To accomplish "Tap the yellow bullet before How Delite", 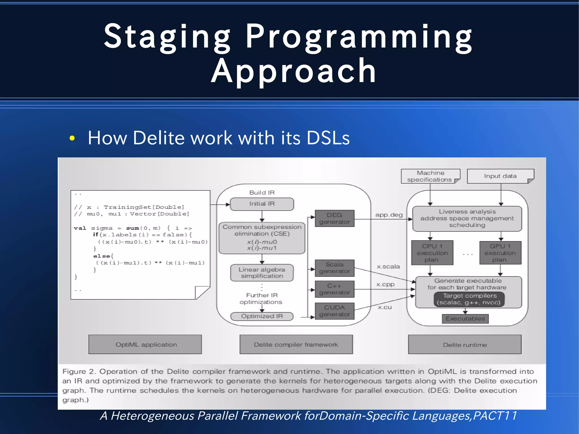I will pyautogui.click(x=72, y=138).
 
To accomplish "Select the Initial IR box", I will pyautogui.click(x=262, y=204).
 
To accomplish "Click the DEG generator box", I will pyautogui.click(x=334, y=218).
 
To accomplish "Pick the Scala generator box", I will pyautogui.click(x=334, y=268).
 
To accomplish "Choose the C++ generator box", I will pyautogui.click(x=334, y=289).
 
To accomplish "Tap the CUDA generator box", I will pyautogui.click(x=334, y=311).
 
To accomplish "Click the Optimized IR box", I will pyautogui.click(x=262, y=316).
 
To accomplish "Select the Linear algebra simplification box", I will pyautogui.click(x=262, y=273).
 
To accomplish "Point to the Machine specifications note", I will pyautogui.click(x=430, y=176).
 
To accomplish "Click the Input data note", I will pyautogui.click(x=500, y=176).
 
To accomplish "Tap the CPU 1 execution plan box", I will pyautogui.click(x=432, y=253).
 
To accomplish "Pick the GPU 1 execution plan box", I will pyautogui.click(x=500, y=253).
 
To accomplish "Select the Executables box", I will pyautogui.click(x=465, y=319).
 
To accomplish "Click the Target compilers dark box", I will pyautogui.click(x=469, y=299).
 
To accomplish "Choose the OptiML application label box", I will pyautogui.click(x=145, y=344).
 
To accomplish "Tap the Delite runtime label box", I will pyautogui.click(x=465, y=345).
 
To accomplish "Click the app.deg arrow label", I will pyautogui.click(x=389, y=215).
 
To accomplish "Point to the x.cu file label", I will pyautogui.click(x=385, y=307).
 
